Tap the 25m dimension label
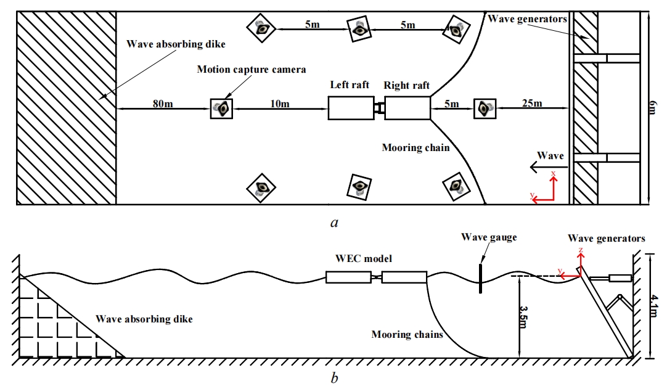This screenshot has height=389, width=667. (531, 103)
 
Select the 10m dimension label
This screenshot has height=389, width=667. (280, 104)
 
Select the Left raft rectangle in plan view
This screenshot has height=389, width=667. (350, 109)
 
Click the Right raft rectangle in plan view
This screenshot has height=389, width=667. (407, 109)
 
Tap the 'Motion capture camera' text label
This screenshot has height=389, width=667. (251, 70)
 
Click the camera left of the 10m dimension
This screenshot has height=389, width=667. (222, 109)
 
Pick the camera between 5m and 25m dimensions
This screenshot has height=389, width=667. (485, 109)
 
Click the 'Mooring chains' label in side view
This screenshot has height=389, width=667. (407, 335)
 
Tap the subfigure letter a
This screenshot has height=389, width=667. (334, 223)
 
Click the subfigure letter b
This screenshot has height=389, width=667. (334, 378)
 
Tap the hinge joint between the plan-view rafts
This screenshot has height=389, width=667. (378, 109)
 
